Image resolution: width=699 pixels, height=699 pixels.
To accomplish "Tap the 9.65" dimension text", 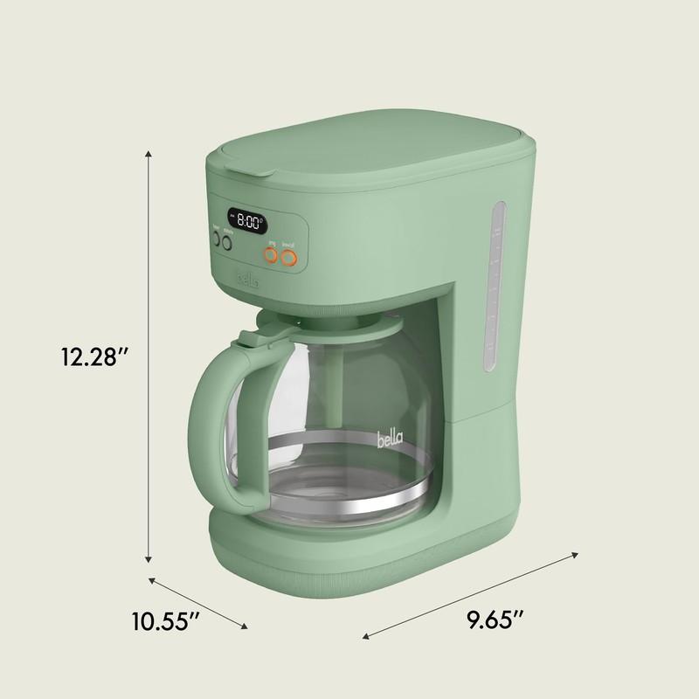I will click(495, 622).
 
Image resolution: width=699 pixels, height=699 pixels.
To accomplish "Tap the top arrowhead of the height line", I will click(149, 155).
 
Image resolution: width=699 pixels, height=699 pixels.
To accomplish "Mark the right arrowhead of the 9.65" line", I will click(576, 553).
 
